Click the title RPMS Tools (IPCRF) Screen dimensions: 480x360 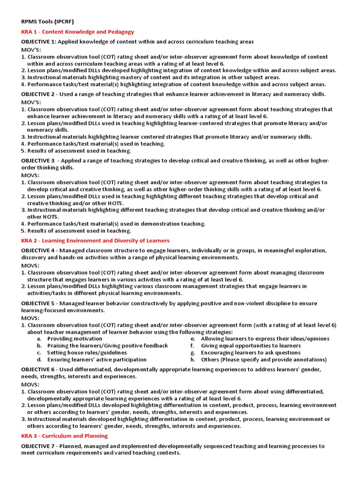pos(47,22)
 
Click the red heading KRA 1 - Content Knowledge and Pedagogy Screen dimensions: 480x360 pos(77,32)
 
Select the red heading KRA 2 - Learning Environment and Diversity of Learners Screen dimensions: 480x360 pos(95,240)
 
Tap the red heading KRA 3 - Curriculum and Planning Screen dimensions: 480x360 pos(64,435)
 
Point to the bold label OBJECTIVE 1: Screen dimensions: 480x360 pos(39,42)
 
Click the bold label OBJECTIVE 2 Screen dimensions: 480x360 pos(38,94)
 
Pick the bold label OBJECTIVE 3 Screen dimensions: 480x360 pos(38,160)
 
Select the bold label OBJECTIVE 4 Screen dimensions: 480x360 pos(38,250)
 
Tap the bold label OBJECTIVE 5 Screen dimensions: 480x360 pos(38,303)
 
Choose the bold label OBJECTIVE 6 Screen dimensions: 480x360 pos(38,369)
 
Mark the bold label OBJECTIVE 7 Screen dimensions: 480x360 pos(38,446)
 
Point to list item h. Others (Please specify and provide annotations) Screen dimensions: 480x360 pos(263,360)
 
